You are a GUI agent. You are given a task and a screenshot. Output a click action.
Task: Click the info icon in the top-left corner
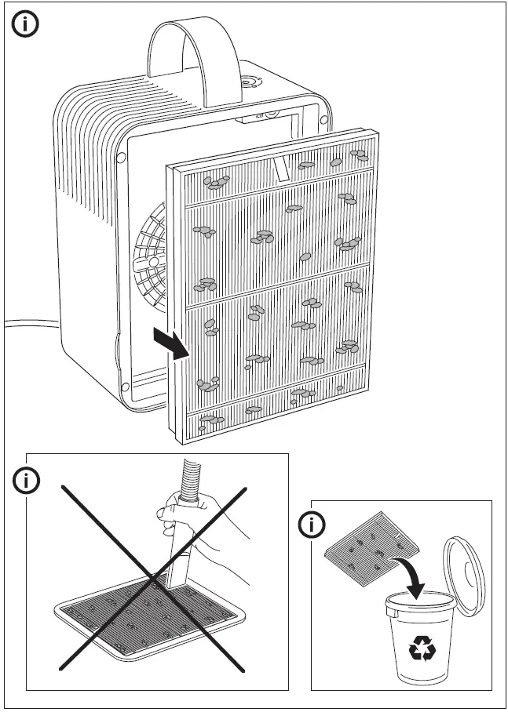click(27, 25)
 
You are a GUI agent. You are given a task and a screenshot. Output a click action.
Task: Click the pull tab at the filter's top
click(282, 167)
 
